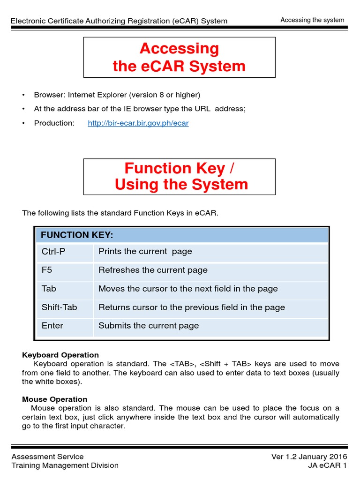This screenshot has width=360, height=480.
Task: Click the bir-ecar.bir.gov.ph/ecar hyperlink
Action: pyautogui.click(x=138, y=123)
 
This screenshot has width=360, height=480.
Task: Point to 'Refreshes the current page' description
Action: pyautogui.click(x=153, y=270)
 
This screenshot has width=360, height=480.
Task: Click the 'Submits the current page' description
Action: pyautogui.click(x=149, y=326)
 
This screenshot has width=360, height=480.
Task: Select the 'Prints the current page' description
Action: pyautogui.click(x=145, y=251)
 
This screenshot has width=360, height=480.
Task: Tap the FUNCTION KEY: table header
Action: pyautogui.click(x=77, y=235)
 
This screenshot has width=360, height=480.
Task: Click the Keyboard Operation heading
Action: pyautogui.click(x=60, y=355)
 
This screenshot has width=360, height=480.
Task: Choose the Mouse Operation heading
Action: pyautogui.click(x=55, y=399)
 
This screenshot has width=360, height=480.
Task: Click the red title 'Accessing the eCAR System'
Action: pyautogui.click(x=179, y=57)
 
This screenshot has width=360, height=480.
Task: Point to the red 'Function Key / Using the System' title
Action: pyautogui.click(x=179, y=176)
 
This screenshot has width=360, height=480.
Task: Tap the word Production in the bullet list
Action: pyautogui.click(x=54, y=123)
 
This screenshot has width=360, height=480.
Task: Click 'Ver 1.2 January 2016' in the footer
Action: pyautogui.click(x=309, y=457)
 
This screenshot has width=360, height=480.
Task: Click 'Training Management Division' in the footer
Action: pyautogui.click(x=65, y=465)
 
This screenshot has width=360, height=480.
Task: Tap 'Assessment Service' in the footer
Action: pyautogui.click(x=47, y=457)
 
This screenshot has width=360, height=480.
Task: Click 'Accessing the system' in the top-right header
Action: pyautogui.click(x=312, y=20)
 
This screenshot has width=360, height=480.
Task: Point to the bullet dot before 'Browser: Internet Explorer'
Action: pyautogui.click(x=23, y=95)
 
